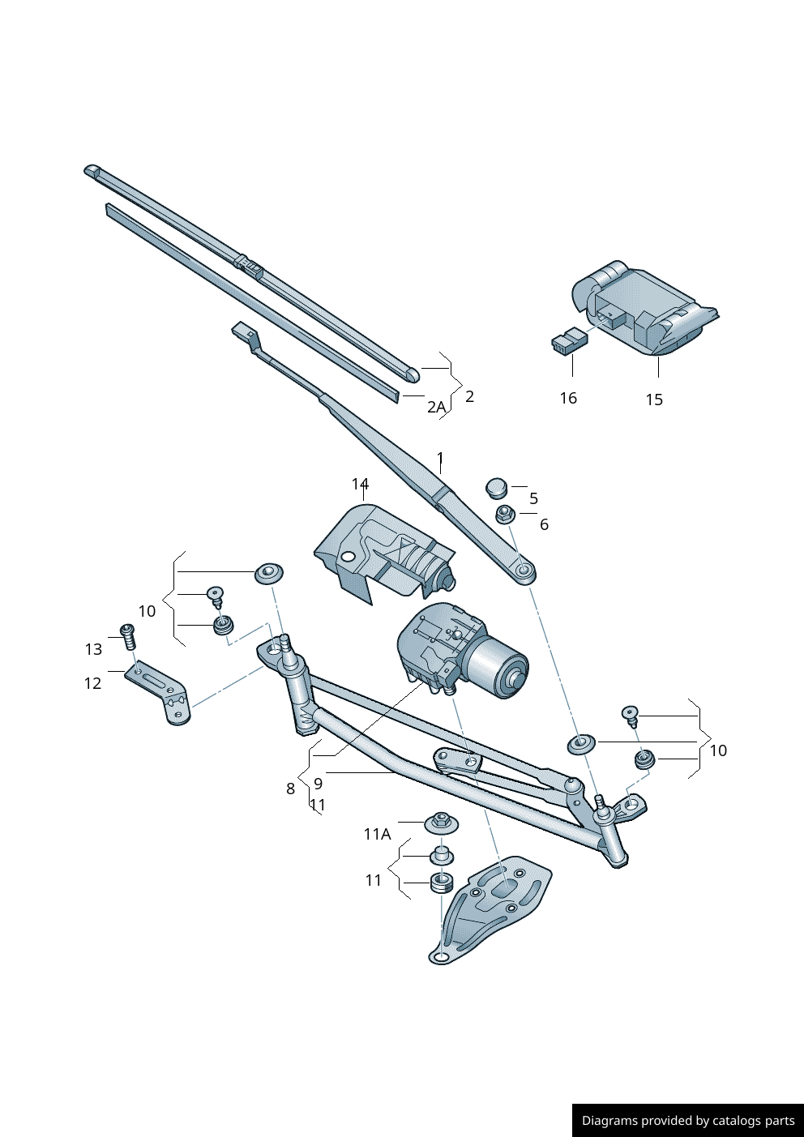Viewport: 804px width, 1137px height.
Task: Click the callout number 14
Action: tap(360, 484)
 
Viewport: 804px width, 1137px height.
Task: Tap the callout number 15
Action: tap(654, 400)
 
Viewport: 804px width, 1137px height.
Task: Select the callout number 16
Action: tap(568, 398)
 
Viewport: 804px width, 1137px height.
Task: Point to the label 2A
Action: tap(436, 407)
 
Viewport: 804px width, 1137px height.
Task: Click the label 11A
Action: tap(377, 834)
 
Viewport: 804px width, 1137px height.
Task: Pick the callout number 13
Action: tap(94, 649)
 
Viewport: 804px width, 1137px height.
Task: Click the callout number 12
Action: tap(93, 683)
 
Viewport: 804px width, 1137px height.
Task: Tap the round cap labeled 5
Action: tap(496, 488)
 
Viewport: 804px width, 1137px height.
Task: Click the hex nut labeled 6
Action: tap(505, 514)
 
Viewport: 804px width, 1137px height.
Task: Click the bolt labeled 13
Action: tap(127, 636)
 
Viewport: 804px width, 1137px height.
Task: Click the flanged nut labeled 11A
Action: tap(442, 822)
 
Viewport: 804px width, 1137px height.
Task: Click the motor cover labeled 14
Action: tap(381, 547)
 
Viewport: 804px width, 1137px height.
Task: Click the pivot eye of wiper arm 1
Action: tap(524, 571)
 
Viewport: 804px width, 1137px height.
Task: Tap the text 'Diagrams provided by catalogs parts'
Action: tap(688, 1121)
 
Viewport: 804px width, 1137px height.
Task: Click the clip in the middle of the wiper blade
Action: tap(249, 264)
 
